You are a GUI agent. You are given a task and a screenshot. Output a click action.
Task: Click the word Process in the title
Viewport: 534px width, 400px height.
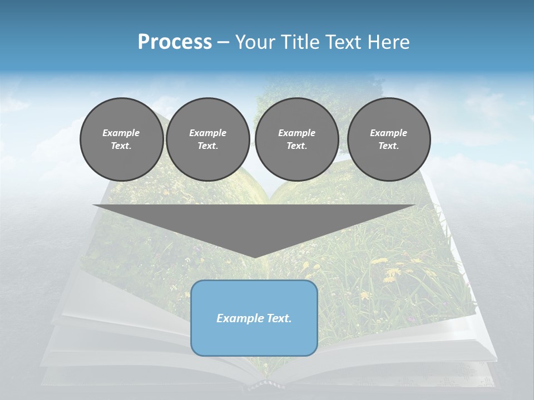tap(175, 42)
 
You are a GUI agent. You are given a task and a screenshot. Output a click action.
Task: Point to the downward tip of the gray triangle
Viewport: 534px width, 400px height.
tap(254, 257)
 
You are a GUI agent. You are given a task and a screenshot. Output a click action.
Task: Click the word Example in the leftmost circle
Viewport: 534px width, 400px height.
tap(121, 133)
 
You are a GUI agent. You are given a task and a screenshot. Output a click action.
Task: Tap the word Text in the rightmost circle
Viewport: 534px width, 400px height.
tap(388, 146)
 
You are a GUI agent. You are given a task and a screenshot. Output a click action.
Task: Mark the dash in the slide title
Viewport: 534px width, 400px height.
tap(224, 42)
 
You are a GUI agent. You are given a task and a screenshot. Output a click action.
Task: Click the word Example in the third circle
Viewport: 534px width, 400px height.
tap(296, 133)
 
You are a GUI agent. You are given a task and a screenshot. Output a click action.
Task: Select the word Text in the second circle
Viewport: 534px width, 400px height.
tap(207, 146)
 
